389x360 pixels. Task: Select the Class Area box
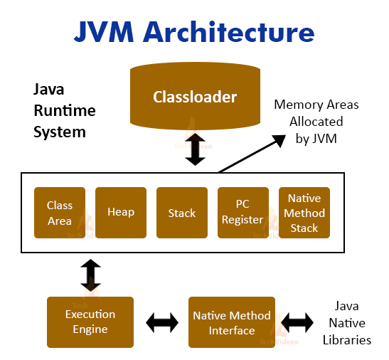[x=60, y=213]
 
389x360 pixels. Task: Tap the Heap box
[x=121, y=213]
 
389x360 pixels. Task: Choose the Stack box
[x=182, y=213]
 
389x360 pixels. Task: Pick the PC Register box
[x=243, y=213]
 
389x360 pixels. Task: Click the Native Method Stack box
[x=304, y=213]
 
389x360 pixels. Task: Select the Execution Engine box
[x=90, y=322]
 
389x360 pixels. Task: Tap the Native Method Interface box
[x=232, y=322]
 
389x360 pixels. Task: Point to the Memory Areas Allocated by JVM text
[x=316, y=122]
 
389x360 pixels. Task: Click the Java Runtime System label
[x=64, y=111]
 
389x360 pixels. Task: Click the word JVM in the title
[x=105, y=32]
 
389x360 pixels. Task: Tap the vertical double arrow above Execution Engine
[x=90, y=275]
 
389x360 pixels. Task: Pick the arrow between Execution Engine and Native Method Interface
[x=161, y=323]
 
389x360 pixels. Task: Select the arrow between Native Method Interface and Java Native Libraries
[x=297, y=323]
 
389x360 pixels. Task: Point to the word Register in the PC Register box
[x=243, y=220]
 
